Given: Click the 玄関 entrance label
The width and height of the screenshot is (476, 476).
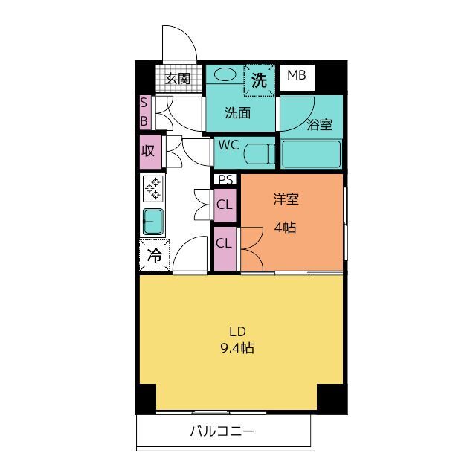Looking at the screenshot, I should click(x=177, y=79).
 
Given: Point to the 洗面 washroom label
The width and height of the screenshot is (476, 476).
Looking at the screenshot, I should click(x=237, y=113).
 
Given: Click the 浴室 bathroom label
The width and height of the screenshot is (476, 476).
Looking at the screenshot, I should click(x=319, y=125).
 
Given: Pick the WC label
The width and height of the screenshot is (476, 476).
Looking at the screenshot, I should click(x=228, y=146).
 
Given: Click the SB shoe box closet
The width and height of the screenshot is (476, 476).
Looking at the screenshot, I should click(x=144, y=112).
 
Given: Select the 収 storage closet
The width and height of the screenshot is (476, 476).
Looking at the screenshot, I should click(x=147, y=150).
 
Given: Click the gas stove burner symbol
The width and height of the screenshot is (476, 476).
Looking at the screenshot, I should click(x=153, y=189).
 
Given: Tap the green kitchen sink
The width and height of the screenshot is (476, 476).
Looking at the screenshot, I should click(x=153, y=221).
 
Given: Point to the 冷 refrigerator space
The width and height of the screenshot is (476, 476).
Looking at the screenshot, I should click(x=154, y=256).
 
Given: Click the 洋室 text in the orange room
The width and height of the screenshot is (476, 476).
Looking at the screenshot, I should click(x=285, y=199).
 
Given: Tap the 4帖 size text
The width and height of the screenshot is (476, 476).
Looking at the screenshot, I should click(x=285, y=228).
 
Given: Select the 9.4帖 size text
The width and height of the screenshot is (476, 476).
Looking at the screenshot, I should click(x=237, y=347).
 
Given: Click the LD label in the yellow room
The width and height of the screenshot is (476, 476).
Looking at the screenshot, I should click(x=237, y=331).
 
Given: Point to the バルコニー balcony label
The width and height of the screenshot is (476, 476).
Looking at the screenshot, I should click(x=222, y=431).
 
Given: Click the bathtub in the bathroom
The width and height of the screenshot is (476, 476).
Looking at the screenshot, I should click(x=311, y=154).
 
